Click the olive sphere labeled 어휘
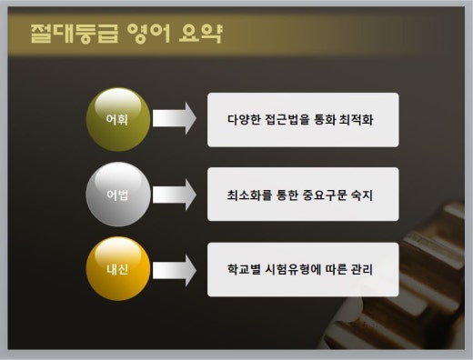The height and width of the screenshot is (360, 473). pyautogui.click(x=116, y=118)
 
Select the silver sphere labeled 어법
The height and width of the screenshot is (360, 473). pyautogui.click(x=116, y=194)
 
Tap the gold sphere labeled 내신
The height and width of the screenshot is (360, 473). pyautogui.click(x=116, y=269)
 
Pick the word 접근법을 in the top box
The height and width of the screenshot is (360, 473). pyautogui.click(x=292, y=119)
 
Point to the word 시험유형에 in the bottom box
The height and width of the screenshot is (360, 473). pyautogui.click(x=297, y=270)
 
